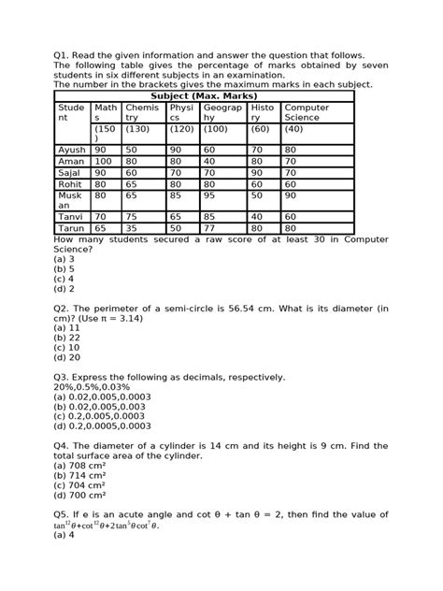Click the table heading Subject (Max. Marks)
click(x=203, y=96)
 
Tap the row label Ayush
click(x=71, y=150)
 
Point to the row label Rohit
click(x=71, y=183)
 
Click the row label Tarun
click(x=71, y=227)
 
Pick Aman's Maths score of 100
click(x=103, y=161)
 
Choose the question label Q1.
click(x=63, y=55)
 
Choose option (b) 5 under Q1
click(x=65, y=267)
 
